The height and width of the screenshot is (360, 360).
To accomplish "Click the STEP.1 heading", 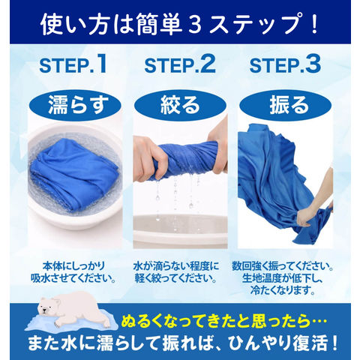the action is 73,64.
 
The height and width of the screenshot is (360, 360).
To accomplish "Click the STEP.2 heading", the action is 180,64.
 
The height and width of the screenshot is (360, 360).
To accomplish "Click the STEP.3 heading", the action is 285,64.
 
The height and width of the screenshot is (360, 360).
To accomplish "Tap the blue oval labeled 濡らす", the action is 75,105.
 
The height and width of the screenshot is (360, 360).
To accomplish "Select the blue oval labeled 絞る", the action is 180,105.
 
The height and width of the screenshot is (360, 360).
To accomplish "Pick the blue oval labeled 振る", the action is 286,105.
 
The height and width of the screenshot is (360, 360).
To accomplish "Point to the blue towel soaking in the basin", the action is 75,174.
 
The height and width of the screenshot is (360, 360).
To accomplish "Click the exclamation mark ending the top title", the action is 313,24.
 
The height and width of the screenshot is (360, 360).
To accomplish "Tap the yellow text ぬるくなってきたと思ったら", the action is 217,322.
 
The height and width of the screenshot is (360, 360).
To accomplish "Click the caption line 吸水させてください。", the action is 73,278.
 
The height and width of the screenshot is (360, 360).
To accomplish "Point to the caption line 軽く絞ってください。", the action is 176,278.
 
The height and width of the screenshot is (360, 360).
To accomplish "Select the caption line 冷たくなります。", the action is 283,290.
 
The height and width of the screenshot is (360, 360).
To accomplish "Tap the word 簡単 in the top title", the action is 160,24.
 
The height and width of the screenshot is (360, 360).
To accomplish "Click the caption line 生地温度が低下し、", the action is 283,278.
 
